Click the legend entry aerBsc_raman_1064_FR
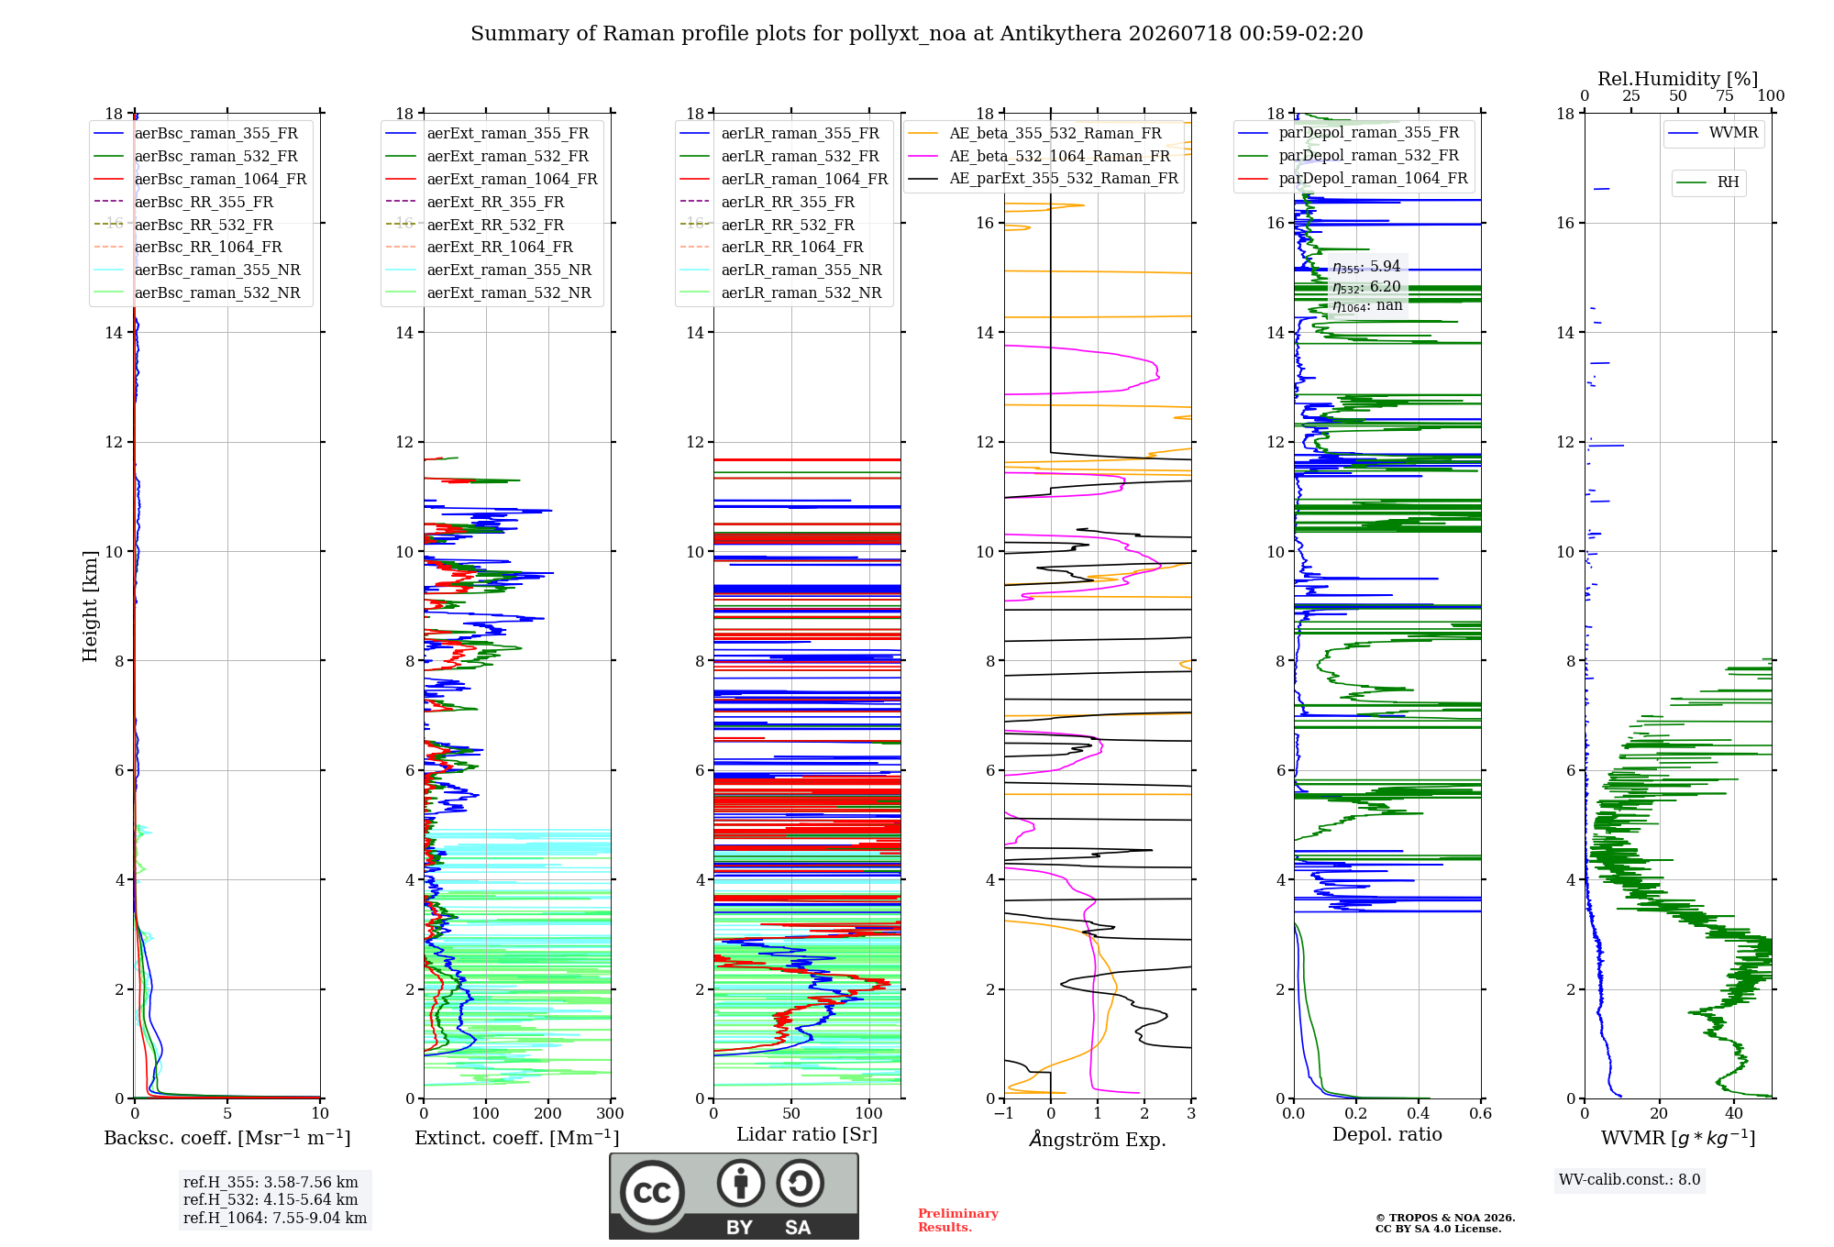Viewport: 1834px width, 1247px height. pyautogui.click(x=200, y=179)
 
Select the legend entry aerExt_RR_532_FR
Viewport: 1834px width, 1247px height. pyautogui.click(x=475, y=225)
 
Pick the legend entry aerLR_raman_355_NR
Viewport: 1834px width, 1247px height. pyautogui.click(x=780, y=270)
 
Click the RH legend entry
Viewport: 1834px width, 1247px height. pyautogui.click(x=1707, y=182)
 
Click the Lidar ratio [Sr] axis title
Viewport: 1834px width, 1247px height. pyautogui.click(x=807, y=1134)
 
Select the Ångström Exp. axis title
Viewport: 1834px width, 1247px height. pyautogui.click(x=1098, y=1139)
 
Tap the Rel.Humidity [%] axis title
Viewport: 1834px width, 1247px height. pyautogui.click(x=1678, y=79)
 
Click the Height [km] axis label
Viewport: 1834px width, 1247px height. pyautogui.click(x=90, y=606)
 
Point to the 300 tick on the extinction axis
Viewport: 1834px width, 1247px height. pyautogui.click(x=611, y=1113)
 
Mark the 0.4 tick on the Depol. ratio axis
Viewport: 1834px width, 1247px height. pyautogui.click(x=1419, y=1113)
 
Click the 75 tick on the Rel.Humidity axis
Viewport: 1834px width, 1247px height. pyautogui.click(x=1725, y=95)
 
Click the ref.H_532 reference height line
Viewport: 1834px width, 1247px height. pyautogui.click(x=271, y=1199)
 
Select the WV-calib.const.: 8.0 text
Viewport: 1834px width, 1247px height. pyautogui.click(x=1630, y=1179)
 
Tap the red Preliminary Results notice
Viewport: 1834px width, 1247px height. pyautogui.click(x=958, y=1220)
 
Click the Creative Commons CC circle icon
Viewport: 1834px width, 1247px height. pyautogui.click(x=652, y=1193)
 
